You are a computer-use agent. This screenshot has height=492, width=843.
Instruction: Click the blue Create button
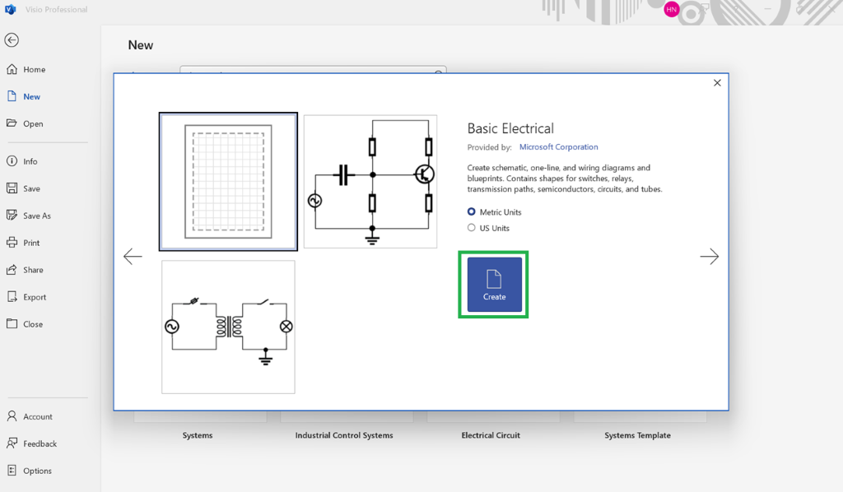point(494,284)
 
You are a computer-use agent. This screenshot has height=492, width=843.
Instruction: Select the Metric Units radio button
point(472,211)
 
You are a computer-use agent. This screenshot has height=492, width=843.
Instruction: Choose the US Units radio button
point(472,228)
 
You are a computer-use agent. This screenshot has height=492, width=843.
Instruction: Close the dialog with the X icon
point(717,83)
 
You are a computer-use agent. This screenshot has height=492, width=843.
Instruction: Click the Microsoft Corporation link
point(559,146)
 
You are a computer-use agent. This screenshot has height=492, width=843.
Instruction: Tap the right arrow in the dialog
point(709,256)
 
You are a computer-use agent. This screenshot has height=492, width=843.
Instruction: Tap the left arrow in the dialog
point(133,256)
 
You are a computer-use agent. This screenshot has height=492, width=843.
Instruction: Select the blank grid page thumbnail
point(228,182)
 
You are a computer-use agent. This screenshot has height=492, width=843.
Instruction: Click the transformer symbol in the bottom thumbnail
point(229,326)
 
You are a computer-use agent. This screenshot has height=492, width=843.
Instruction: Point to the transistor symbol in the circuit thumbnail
point(425,174)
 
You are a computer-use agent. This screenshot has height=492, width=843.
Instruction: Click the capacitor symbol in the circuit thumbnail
point(343,174)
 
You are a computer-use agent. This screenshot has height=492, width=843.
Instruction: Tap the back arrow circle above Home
point(12,39)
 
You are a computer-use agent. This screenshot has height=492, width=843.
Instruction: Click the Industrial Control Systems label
point(344,435)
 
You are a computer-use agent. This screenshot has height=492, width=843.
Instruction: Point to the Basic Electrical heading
point(510,128)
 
